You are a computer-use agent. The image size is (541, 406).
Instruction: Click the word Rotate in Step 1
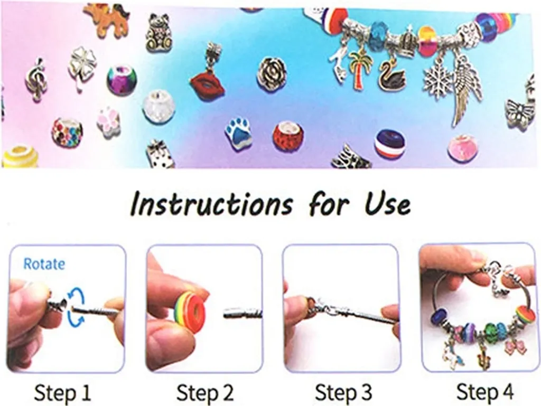coord(44,263)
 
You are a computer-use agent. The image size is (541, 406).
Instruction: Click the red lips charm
coord(207,84)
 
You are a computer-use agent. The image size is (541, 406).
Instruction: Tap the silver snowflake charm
coord(437,79)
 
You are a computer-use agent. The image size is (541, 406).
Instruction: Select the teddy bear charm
coord(158,34)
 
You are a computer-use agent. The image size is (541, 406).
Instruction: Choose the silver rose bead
coord(272,72)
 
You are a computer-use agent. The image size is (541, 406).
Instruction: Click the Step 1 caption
coord(62,393)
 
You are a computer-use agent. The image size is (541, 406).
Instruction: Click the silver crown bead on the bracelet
coord(404,41)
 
